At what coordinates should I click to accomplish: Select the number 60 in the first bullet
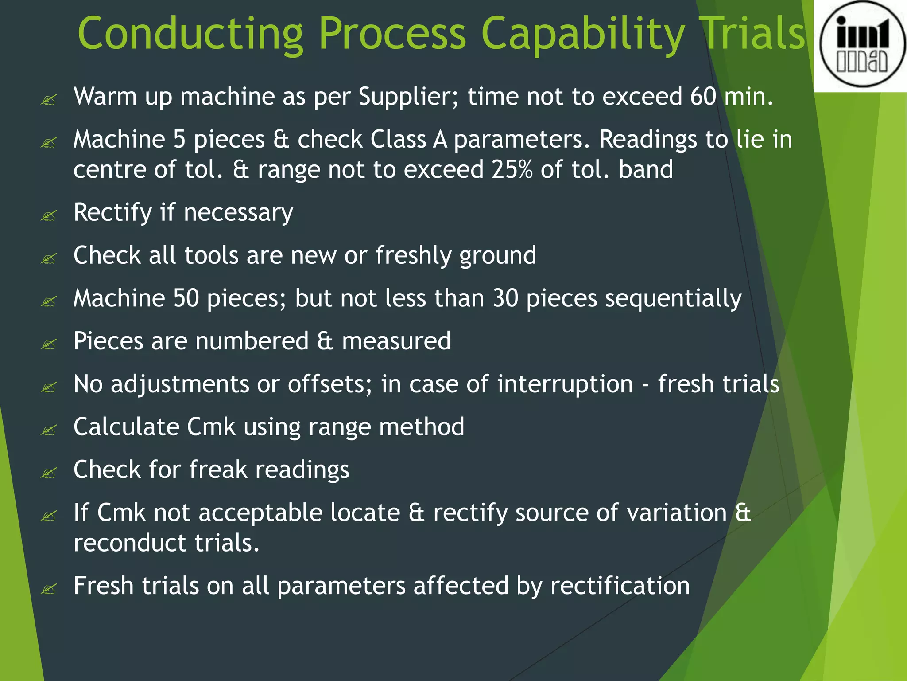[703, 96]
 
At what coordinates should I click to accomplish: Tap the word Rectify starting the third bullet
[113, 213]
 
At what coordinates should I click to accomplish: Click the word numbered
[252, 341]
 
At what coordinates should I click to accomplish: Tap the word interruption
[565, 384]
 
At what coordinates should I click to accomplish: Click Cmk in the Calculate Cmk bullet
[211, 427]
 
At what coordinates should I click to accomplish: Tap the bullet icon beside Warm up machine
[49, 100]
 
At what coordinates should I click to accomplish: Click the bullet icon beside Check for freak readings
[49, 473]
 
